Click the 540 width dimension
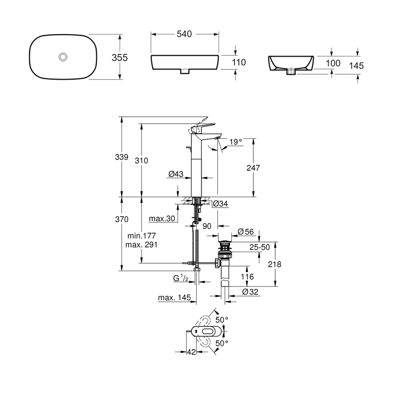(x=184, y=34)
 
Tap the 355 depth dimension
(x=120, y=58)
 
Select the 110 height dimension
(x=239, y=62)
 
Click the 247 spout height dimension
(x=253, y=168)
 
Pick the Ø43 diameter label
(x=176, y=174)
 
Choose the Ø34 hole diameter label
(x=220, y=204)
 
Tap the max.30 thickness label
(x=162, y=219)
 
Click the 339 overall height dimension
(x=122, y=157)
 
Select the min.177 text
(x=141, y=236)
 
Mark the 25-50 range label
(x=260, y=247)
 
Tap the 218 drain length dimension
(x=275, y=264)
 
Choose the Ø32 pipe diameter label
(x=250, y=292)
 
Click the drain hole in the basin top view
(x=63, y=57)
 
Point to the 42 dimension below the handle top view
(x=191, y=352)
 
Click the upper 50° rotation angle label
(x=222, y=320)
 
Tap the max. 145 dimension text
(x=174, y=298)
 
